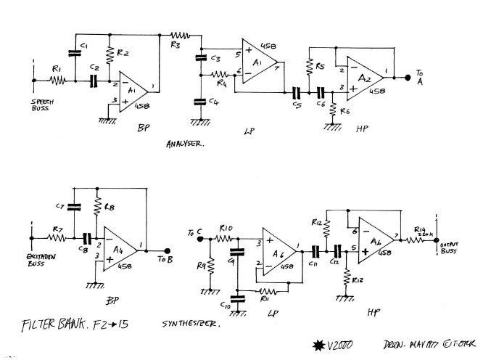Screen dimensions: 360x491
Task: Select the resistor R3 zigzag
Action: (x=178, y=34)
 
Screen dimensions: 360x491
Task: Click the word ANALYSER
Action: (x=185, y=144)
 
